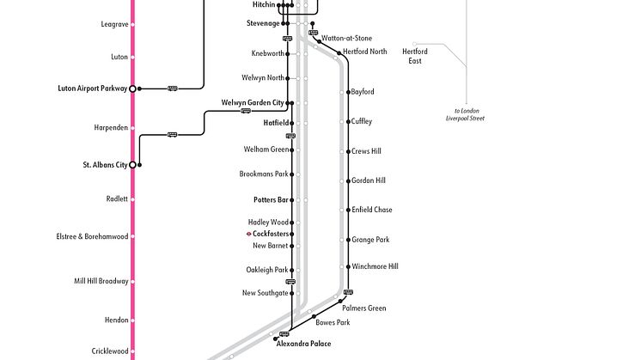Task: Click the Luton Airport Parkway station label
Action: coord(92,88)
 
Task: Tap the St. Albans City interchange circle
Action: coord(132,165)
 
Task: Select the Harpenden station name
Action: coord(111,127)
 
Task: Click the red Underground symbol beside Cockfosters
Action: coord(248,234)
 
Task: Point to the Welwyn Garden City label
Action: coord(253,103)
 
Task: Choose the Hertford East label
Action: coord(415,56)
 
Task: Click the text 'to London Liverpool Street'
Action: coord(470,113)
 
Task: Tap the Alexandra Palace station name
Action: coord(303,344)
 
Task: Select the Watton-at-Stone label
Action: coord(347,39)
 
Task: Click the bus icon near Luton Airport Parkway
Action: coord(172,88)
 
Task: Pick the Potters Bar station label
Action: coord(271,199)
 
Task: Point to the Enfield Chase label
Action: coord(371,210)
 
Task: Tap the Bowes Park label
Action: coord(333,323)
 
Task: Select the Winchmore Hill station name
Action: coord(375,266)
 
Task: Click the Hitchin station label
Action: coord(264,5)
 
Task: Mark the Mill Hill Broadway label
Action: coord(101,281)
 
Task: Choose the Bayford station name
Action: coord(363,92)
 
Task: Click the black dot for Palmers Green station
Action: coord(338,301)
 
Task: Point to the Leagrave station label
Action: coord(114,24)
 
